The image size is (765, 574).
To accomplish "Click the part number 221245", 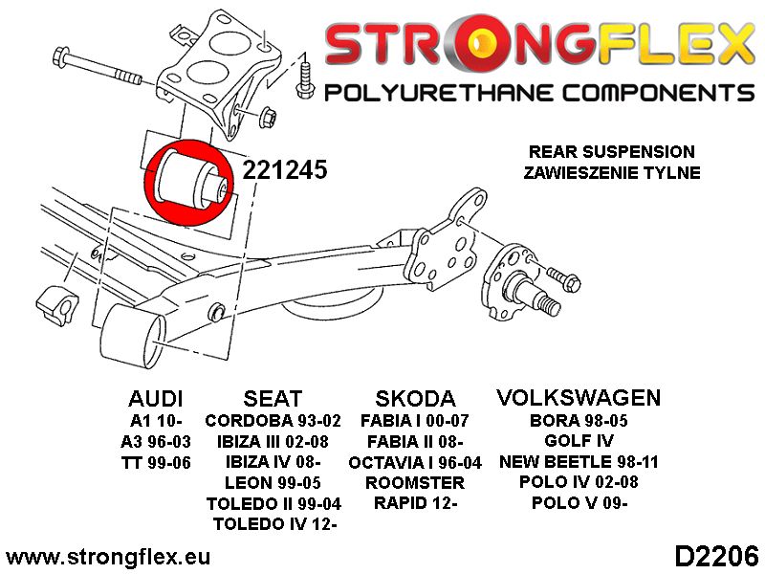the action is click(x=284, y=170).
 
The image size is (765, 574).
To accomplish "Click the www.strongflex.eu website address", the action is click(x=108, y=557).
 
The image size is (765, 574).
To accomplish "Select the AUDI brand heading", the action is click(x=156, y=399).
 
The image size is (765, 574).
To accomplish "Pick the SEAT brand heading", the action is click(x=273, y=399).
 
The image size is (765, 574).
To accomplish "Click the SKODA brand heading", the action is click(x=415, y=399).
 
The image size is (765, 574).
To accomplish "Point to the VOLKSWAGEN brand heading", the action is click(x=579, y=398).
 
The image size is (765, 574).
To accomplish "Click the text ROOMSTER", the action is click(x=415, y=483).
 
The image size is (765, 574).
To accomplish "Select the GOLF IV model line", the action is click(x=579, y=441).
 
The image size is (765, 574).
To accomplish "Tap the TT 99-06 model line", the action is click(x=156, y=462).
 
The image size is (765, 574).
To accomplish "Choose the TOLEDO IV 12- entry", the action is click(x=275, y=524).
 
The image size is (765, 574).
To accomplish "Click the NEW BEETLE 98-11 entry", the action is click(x=579, y=462).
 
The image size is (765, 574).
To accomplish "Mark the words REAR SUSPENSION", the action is click(x=612, y=152).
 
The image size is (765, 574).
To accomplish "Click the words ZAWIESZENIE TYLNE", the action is click(x=612, y=173).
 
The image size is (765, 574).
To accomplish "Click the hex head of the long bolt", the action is click(x=61, y=55).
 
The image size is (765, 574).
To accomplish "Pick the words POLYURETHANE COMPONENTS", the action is click(x=539, y=93).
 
